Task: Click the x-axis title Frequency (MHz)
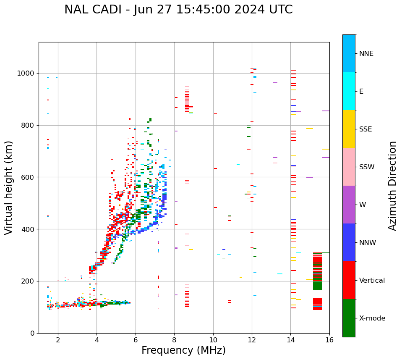(x=183, y=350)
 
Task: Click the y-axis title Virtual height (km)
(x=9, y=188)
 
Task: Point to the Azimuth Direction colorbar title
(x=392, y=186)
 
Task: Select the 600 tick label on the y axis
(x=28, y=177)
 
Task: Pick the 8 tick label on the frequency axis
(x=174, y=340)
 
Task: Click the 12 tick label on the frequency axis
(x=252, y=340)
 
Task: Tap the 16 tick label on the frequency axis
(x=329, y=340)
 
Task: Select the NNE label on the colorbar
(x=366, y=54)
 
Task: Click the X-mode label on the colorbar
(x=372, y=318)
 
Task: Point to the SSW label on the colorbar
(x=367, y=167)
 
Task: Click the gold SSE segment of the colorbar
(x=349, y=129)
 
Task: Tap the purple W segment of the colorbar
(x=349, y=205)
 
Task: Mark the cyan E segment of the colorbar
(x=349, y=91)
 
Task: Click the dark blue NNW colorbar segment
(x=349, y=242)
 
